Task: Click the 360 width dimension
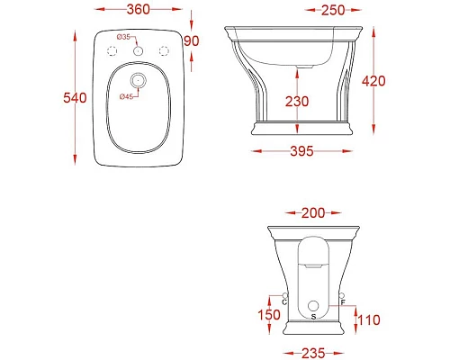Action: (x=137, y=10)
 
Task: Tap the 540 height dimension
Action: (x=51, y=98)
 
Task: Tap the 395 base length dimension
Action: (x=301, y=150)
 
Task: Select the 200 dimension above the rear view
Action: (x=313, y=212)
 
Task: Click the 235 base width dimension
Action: (x=313, y=352)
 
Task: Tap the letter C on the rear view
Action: (x=284, y=301)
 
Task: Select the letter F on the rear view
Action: (x=343, y=301)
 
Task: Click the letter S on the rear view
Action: (x=313, y=316)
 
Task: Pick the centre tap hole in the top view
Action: (x=137, y=51)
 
